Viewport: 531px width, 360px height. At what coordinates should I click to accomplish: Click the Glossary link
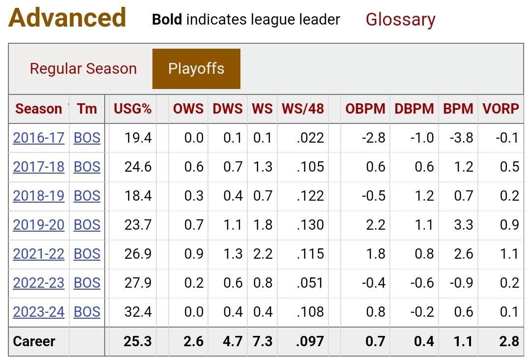point(400,20)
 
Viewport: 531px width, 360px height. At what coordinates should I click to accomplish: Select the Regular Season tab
point(83,68)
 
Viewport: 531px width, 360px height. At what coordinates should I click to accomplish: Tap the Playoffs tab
point(196,68)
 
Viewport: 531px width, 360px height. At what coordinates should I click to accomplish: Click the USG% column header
point(133,109)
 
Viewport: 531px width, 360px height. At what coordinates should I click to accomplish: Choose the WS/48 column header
point(303,109)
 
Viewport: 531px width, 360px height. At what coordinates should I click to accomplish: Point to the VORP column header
point(501,109)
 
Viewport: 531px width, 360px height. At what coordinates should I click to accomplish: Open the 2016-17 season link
point(39,138)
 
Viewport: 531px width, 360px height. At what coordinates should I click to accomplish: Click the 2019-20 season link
point(39,225)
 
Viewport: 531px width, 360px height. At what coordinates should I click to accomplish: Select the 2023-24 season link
point(39,312)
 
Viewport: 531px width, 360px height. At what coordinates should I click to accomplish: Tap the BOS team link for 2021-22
point(87,254)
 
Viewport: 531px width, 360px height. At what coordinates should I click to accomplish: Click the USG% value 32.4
point(138,312)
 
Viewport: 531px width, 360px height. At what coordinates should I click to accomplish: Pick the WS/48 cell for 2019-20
point(310,225)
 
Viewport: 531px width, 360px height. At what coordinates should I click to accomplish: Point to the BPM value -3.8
point(461,138)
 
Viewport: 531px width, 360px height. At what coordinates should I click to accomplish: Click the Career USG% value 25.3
point(138,341)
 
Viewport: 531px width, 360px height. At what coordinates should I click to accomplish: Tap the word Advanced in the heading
point(67,18)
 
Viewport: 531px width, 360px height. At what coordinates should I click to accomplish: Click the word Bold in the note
point(167,20)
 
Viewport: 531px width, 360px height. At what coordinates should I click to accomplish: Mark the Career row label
point(34,341)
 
